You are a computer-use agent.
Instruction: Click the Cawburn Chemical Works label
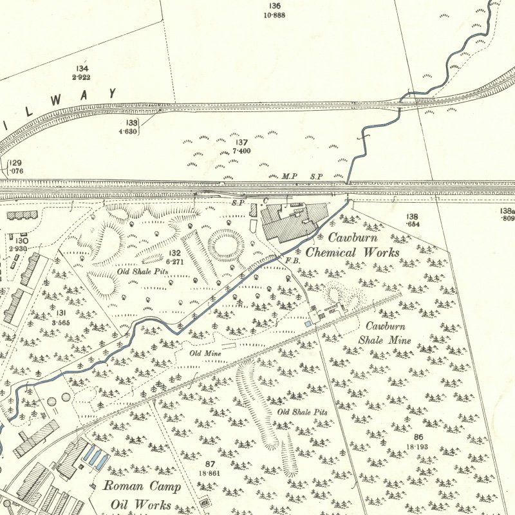[x=352, y=244]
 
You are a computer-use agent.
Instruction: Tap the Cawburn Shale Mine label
[x=384, y=333]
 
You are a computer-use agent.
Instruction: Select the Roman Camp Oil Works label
[x=142, y=495]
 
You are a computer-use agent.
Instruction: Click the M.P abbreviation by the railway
[x=288, y=176]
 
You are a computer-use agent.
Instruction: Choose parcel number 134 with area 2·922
[x=82, y=72]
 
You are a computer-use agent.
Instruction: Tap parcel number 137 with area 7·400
[x=241, y=146]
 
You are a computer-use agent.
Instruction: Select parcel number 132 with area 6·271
[x=175, y=257]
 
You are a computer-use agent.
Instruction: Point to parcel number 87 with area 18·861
[x=210, y=468]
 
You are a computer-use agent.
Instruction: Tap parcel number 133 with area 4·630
[x=132, y=126]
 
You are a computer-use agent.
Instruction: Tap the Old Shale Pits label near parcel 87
[x=302, y=411]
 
